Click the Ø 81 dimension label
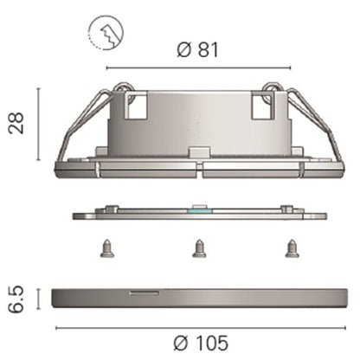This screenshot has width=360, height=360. point(197,49)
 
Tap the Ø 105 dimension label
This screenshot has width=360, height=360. point(201,343)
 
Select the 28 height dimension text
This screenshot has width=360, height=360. point(16,123)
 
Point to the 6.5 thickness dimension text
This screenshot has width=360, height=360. point(16,299)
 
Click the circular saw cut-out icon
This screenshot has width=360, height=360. point(106,32)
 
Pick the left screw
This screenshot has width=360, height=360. point(107,248)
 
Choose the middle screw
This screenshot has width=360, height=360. point(199,248)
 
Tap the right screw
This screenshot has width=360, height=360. point(292,248)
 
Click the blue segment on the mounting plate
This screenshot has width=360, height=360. point(199,211)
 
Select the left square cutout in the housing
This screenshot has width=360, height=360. point(137,107)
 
